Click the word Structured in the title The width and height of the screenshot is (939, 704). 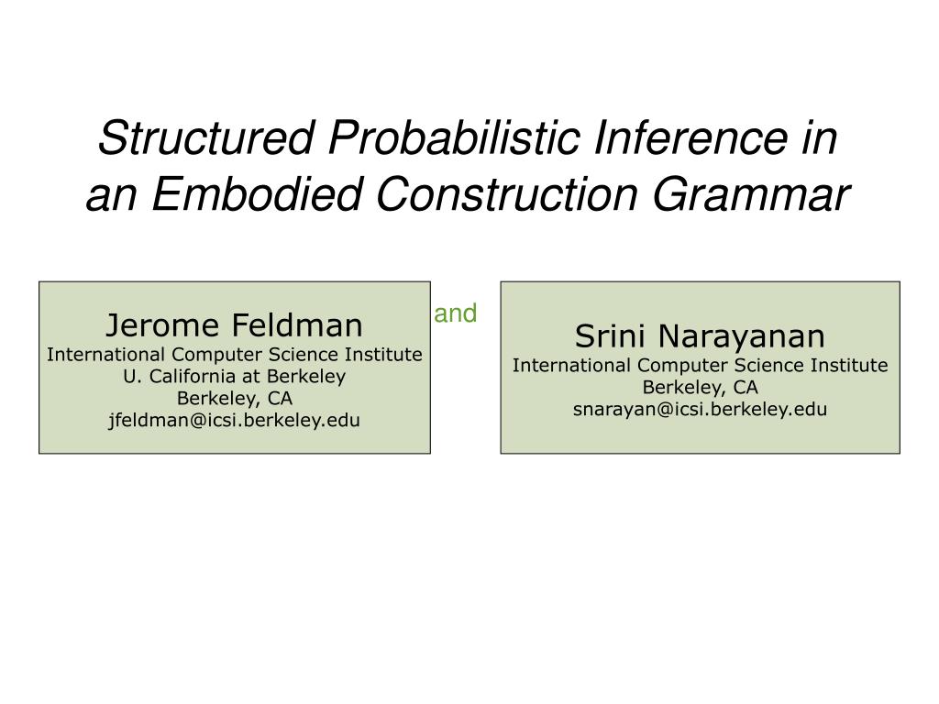tap(206, 137)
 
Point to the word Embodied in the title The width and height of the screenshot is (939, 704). tap(258, 194)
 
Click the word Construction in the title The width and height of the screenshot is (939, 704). tap(507, 194)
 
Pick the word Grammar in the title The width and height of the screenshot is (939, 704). tap(751, 194)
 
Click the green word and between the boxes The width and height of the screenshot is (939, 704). tap(456, 313)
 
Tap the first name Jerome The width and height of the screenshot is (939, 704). tap(162, 325)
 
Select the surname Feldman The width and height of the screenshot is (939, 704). tap(297, 325)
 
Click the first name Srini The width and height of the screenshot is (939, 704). tap(610, 335)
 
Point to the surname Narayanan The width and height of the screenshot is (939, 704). tap(741, 336)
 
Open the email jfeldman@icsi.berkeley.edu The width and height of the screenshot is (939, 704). tap(234, 420)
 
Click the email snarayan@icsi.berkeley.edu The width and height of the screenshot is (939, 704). tap(700, 410)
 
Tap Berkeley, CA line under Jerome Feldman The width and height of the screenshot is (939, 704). tap(235, 399)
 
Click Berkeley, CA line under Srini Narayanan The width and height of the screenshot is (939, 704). tap(700, 388)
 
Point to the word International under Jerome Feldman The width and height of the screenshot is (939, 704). tap(105, 355)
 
